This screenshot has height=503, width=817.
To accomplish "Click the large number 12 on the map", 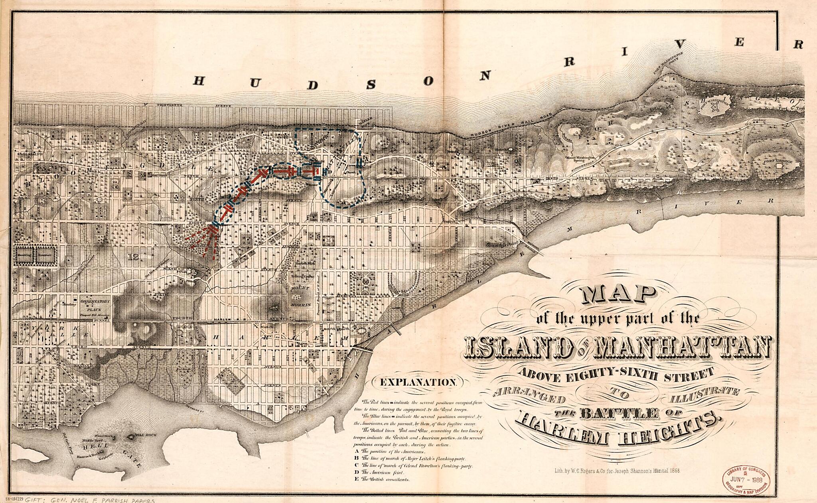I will (133, 258).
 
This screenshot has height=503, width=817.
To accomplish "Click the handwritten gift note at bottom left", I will (80, 499).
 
